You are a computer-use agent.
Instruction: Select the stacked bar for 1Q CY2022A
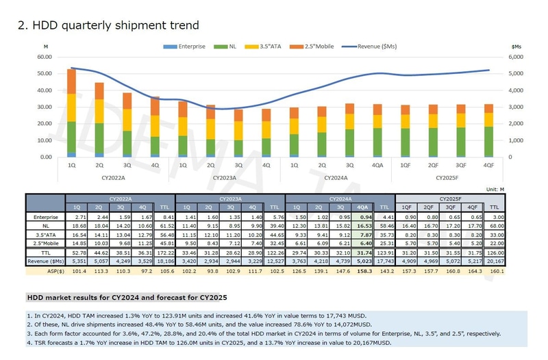(71, 113)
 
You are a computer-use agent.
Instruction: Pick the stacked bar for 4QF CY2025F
(488, 131)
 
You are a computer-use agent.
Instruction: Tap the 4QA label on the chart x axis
(378, 164)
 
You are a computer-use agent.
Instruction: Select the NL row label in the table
(46, 224)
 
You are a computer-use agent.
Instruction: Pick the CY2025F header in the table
(450, 197)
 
